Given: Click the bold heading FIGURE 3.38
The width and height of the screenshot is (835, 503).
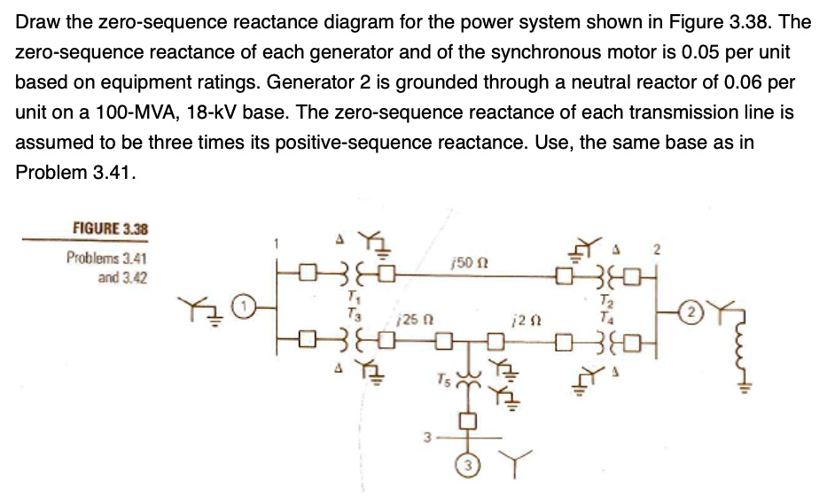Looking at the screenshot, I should [111, 229].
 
